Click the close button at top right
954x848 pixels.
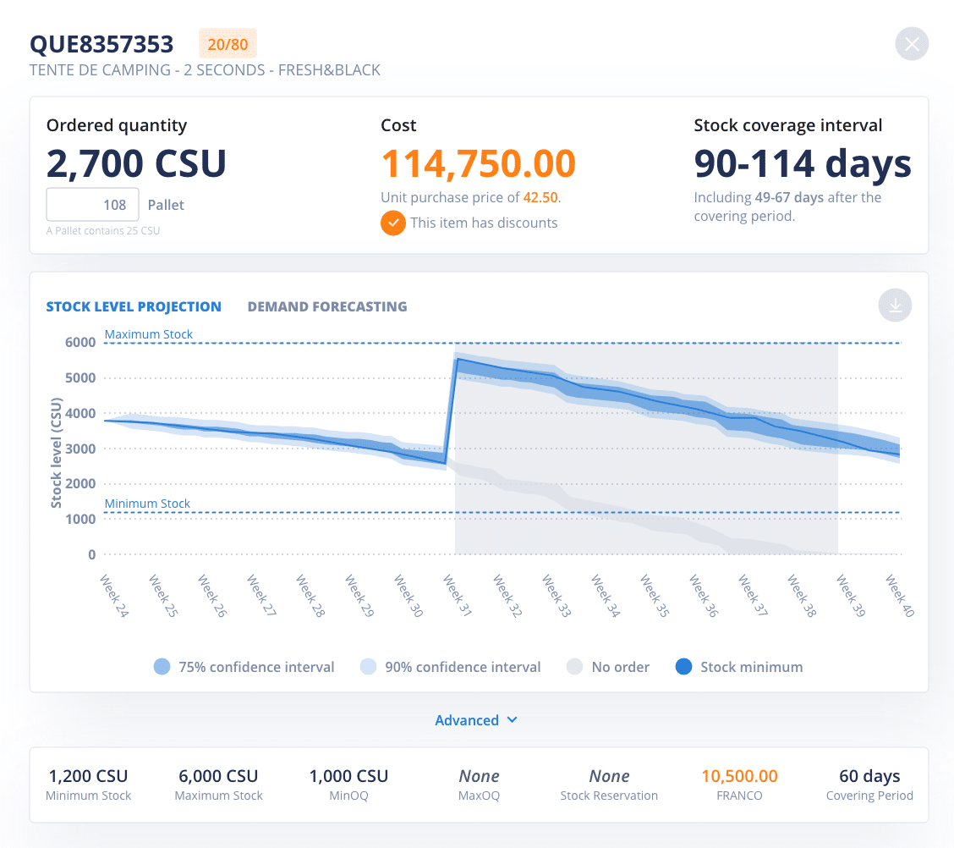[x=912, y=44]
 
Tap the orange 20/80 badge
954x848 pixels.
[x=228, y=44]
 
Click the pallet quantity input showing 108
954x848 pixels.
[x=92, y=205]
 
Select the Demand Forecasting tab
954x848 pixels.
[x=326, y=306]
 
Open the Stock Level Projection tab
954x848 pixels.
[x=134, y=306]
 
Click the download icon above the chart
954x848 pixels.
[x=895, y=306]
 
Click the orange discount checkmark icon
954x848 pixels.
[x=392, y=223]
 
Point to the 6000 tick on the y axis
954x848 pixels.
[x=80, y=343]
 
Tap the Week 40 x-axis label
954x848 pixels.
[x=899, y=596]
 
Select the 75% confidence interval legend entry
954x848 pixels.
[x=244, y=667]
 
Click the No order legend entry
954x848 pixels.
[x=608, y=667]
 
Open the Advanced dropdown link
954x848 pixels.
[x=476, y=720]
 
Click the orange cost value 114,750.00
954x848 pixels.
[x=478, y=163]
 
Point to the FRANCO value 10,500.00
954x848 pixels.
[x=739, y=776]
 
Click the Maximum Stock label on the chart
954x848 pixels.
[x=149, y=334]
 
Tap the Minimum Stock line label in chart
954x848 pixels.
[x=147, y=504]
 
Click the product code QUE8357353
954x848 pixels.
[x=101, y=44]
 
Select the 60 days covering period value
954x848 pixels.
[x=869, y=776]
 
